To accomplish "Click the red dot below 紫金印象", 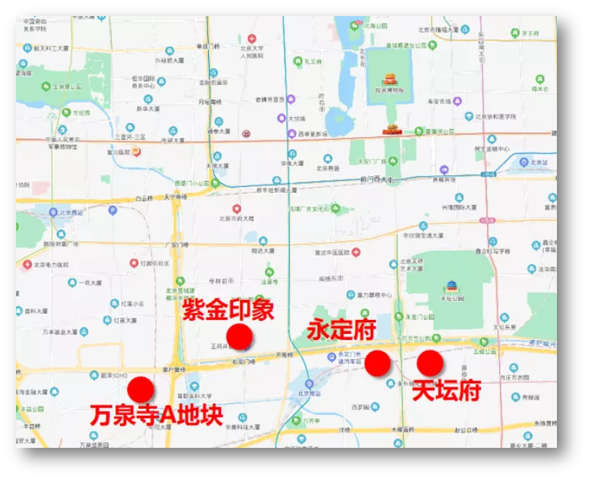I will coord(239,336).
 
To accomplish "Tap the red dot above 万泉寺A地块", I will coord(141,389).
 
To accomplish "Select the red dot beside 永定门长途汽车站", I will coord(378,364).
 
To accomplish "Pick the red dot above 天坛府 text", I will coord(430,363).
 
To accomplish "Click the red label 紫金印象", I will coord(228,312).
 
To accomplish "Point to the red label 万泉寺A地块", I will coord(156,415).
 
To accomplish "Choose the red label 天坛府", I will coord(447,390).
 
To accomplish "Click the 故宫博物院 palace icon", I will coord(390,79).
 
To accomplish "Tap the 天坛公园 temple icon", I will coord(451,288).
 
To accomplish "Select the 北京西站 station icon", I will coord(53,212).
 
